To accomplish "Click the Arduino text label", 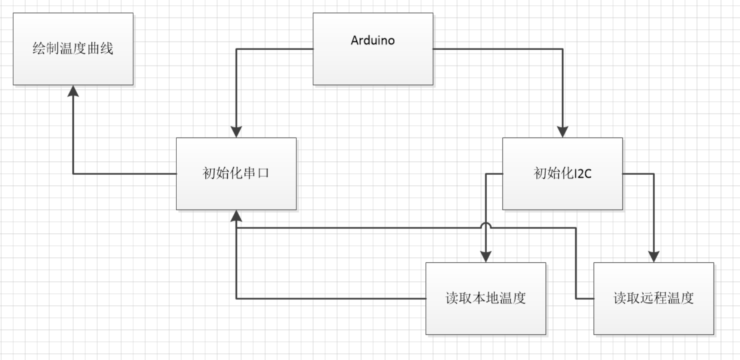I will point(373,40).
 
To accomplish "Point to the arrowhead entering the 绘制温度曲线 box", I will point(73,91).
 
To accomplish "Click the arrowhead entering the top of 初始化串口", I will point(236,132).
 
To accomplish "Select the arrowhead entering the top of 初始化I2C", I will point(562,132).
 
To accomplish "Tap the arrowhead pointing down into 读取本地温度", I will point(485,257).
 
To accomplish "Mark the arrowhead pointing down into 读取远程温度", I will point(654,257).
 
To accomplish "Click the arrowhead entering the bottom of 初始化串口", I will point(236,216).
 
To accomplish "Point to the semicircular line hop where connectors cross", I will point(485,225).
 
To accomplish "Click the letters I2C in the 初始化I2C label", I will point(583,174).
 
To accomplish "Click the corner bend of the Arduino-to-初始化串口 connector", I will point(236,49).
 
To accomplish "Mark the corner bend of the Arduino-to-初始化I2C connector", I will point(562,49).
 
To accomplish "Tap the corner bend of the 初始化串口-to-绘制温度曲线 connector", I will point(73,174).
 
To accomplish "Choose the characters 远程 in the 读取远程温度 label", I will point(653,298).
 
